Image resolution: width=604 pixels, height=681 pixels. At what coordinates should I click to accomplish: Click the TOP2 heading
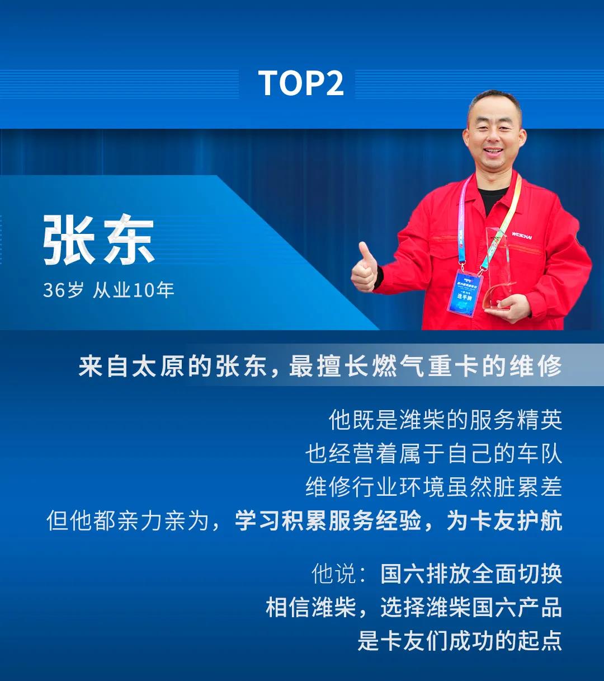[x=301, y=83]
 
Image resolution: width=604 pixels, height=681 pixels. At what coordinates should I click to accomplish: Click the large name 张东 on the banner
[x=99, y=239]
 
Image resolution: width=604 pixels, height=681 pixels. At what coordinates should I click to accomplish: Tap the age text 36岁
[x=63, y=290]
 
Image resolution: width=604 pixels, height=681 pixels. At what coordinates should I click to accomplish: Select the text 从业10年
[x=133, y=290]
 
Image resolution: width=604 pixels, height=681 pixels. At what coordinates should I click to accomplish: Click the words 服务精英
[x=516, y=420]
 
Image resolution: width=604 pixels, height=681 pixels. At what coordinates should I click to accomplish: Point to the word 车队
[x=539, y=453]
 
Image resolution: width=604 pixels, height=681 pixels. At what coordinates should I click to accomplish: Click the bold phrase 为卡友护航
[x=504, y=520]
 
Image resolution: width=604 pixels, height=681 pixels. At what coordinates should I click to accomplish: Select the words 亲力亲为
[x=163, y=520]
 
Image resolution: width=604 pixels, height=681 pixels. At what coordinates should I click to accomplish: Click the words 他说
[x=334, y=574]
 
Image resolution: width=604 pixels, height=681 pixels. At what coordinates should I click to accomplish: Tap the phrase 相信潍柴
[x=311, y=607]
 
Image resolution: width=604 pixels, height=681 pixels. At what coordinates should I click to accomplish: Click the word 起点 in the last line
[x=539, y=641]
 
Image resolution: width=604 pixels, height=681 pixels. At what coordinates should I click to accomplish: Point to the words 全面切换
[x=516, y=574]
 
